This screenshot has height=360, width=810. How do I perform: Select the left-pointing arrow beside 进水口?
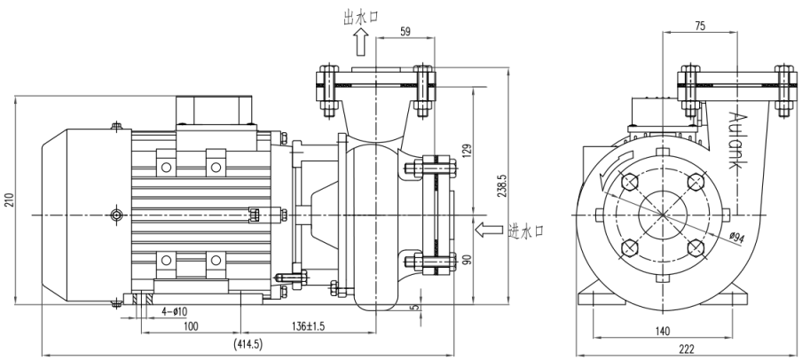[x=489, y=231]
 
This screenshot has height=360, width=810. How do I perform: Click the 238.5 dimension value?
[x=501, y=189]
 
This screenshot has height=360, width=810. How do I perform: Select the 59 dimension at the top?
[x=405, y=33]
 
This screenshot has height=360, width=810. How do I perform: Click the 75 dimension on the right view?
[x=698, y=27]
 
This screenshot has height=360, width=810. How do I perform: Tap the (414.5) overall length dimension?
[x=247, y=344]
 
